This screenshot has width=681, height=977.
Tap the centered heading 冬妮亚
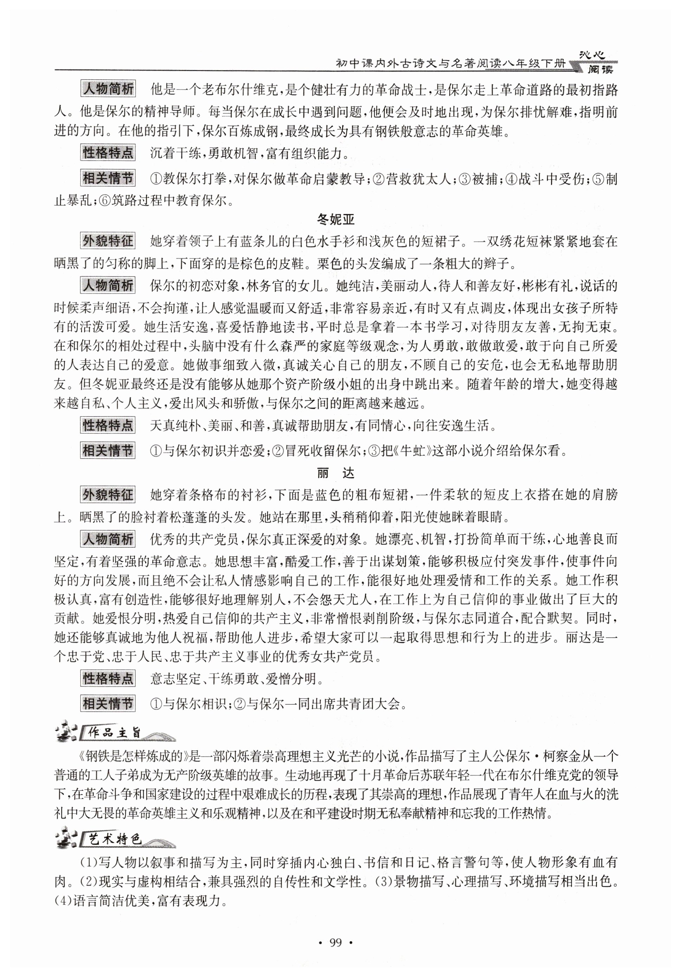point(336,219)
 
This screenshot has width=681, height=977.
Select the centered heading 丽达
point(336,473)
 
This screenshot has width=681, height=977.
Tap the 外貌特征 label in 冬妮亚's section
point(108,241)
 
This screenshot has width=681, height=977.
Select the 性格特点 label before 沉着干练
point(108,153)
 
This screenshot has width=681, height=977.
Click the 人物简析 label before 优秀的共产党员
point(108,540)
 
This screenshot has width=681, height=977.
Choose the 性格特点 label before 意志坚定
point(108,679)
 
